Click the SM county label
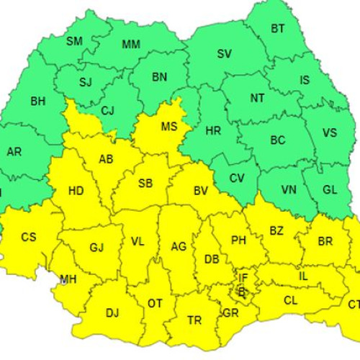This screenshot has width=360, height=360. point(74,41)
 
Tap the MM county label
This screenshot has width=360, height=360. point(131,45)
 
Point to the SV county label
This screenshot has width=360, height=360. point(225,54)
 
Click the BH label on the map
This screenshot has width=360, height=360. point(37,101)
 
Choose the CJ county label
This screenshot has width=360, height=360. point(108,110)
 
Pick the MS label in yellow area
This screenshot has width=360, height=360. point(169,127)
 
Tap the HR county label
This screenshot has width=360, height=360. point(213,132)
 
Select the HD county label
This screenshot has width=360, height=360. point(76,191)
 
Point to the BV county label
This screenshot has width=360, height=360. point(201,191)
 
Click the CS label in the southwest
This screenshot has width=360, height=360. point(29,236)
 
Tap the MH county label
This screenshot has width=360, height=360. point(68,279)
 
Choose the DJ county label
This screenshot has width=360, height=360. point(112,312)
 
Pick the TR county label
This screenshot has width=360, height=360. point(194,320)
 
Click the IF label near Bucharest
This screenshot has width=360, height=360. point(243,276)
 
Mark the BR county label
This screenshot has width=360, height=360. point(325,241)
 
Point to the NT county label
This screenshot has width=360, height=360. point(257,98)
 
